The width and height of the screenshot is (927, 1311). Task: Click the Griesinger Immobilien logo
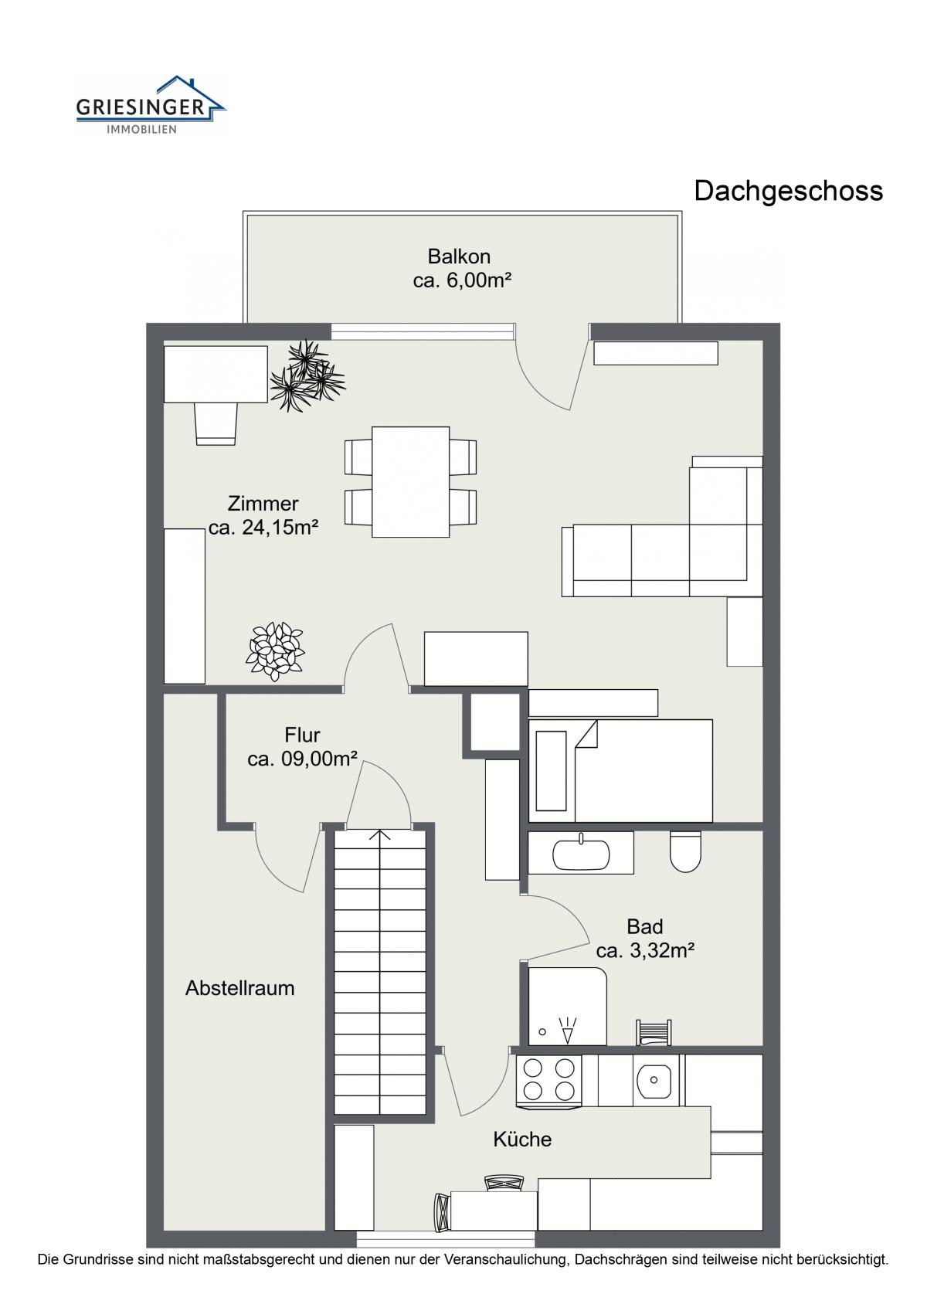(x=151, y=105)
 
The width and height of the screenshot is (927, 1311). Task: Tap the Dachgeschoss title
(x=788, y=192)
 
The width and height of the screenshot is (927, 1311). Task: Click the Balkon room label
(x=459, y=256)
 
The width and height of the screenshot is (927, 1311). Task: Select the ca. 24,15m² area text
(x=263, y=528)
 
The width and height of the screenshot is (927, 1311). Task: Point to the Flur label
(x=303, y=735)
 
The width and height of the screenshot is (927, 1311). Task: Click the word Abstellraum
(x=240, y=988)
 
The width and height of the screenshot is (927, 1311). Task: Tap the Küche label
(x=522, y=1139)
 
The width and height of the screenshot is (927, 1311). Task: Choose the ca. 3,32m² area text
(x=645, y=951)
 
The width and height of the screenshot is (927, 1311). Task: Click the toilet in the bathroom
(x=685, y=851)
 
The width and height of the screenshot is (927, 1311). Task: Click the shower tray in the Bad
(x=567, y=1007)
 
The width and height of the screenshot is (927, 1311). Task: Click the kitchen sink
(x=654, y=1080)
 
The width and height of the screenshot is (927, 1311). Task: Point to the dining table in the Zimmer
(x=410, y=481)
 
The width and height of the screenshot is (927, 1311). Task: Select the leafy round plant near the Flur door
(x=275, y=651)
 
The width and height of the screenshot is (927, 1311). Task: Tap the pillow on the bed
(x=552, y=771)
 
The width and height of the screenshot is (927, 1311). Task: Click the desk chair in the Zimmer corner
(x=216, y=423)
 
